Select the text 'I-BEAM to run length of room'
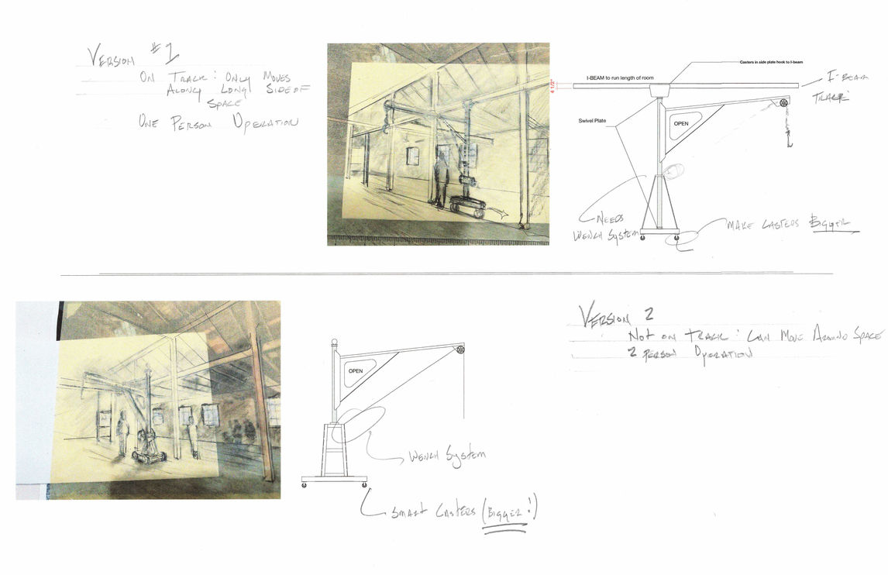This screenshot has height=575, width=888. click(x=621, y=78)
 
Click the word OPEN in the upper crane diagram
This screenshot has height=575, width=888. click(x=681, y=123)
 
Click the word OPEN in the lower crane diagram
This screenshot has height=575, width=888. click(x=355, y=371)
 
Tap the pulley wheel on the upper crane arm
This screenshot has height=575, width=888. click(x=783, y=102)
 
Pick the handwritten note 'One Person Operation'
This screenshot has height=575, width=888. click(x=217, y=122)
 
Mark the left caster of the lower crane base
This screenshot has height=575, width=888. click(x=304, y=486)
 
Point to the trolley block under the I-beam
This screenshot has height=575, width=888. click(x=660, y=91)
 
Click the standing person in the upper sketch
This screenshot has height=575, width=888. click(x=441, y=179)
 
